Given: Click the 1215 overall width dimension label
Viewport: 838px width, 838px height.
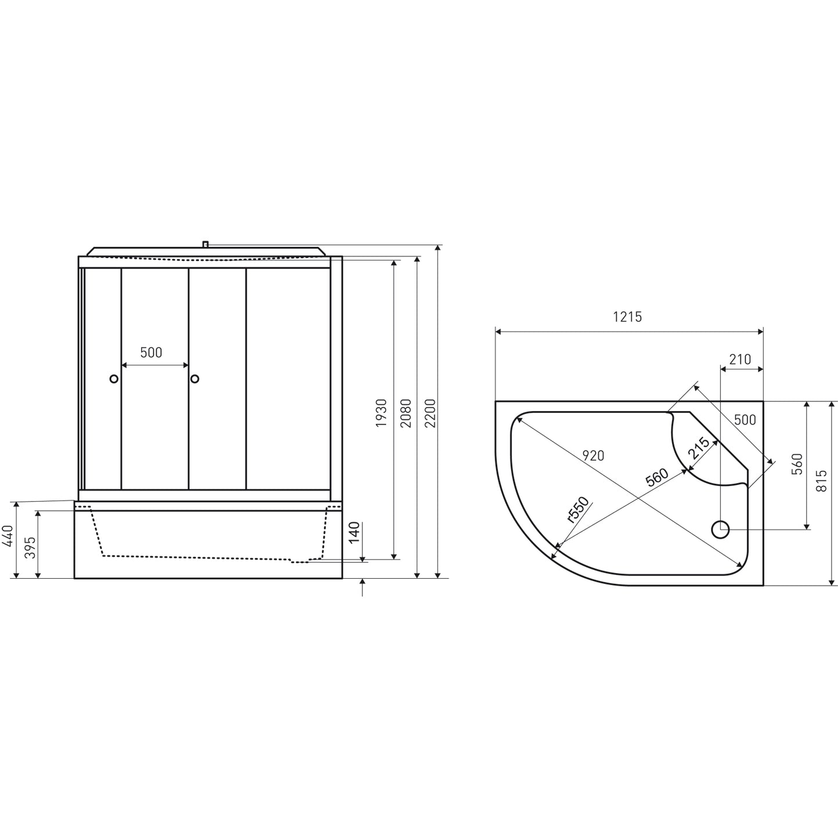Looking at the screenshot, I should point(627,317).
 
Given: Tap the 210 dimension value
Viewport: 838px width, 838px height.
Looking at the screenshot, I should point(740,360).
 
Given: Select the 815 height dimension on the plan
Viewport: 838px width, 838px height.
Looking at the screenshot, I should point(821,481).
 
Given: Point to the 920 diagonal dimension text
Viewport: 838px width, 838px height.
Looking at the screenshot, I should point(593,456).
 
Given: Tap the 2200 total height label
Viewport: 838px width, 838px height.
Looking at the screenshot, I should point(430,412).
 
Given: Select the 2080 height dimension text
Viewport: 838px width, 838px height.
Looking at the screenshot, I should point(406,412).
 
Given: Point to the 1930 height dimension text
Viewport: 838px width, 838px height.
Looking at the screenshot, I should point(381,412).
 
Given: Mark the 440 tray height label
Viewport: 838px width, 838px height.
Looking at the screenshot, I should point(7,537).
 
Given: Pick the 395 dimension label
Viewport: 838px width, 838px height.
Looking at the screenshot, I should point(31,547).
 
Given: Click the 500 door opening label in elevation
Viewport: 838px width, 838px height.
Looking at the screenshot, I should point(151,353).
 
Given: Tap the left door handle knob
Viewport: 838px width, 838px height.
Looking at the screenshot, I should point(114,379).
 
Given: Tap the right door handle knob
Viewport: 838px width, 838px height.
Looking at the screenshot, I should point(195,379).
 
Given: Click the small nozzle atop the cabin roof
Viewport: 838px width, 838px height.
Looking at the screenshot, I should point(205,245).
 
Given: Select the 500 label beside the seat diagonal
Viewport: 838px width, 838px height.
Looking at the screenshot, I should point(745,420).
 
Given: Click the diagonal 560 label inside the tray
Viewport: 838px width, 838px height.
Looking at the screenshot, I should point(656,477).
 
